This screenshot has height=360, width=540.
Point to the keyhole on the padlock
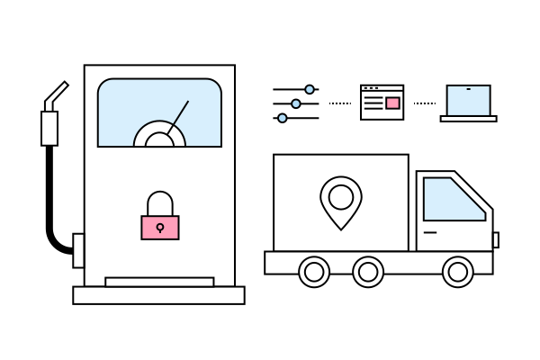click(x=160, y=227)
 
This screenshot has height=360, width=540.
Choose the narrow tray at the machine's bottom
click(x=159, y=282)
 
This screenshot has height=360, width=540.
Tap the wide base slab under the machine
click(x=158, y=295)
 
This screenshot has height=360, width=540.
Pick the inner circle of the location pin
click(x=341, y=196)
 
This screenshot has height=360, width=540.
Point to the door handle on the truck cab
click(x=430, y=232)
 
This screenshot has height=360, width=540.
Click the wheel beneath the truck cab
click(x=458, y=271)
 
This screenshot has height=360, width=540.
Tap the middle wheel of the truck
click(x=368, y=271)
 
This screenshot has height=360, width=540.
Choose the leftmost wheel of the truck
click(x=314, y=271)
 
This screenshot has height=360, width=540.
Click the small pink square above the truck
click(x=392, y=103)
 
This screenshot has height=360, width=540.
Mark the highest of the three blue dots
click(x=310, y=89)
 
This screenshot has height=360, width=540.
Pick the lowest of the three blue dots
click(x=283, y=118)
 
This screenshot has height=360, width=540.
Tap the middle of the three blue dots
click(x=296, y=103)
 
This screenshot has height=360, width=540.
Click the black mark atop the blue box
click(x=469, y=89)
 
